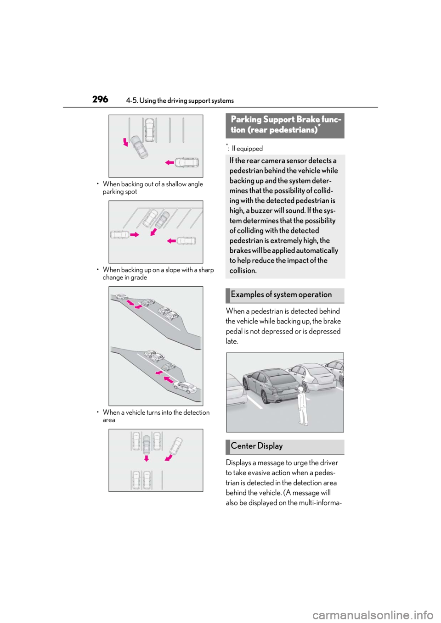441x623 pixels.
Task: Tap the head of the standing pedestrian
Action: coord(301,389)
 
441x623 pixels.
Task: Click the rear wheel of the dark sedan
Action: coord(251,393)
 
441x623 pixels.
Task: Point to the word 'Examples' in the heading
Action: coord(247,295)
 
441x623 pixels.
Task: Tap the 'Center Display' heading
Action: coord(257,446)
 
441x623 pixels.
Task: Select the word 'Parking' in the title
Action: coord(246,119)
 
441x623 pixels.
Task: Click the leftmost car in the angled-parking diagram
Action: coord(120,235)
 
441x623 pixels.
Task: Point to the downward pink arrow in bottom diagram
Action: coord(146,458)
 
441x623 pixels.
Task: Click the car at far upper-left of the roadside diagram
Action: coord(122,297)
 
